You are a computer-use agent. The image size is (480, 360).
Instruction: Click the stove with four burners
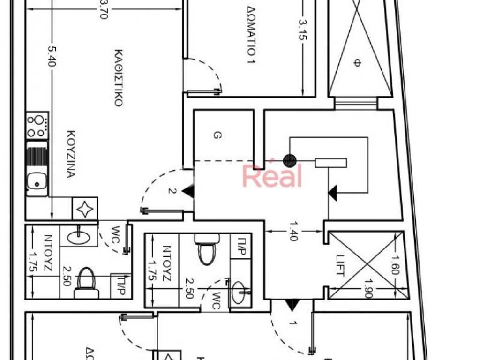37,125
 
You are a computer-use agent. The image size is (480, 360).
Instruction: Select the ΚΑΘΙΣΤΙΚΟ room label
118,77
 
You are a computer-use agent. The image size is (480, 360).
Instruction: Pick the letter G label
217,136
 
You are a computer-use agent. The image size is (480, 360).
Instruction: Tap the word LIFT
340,265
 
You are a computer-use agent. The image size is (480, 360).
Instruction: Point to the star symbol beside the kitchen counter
85,209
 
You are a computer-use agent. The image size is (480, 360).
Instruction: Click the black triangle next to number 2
188,191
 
